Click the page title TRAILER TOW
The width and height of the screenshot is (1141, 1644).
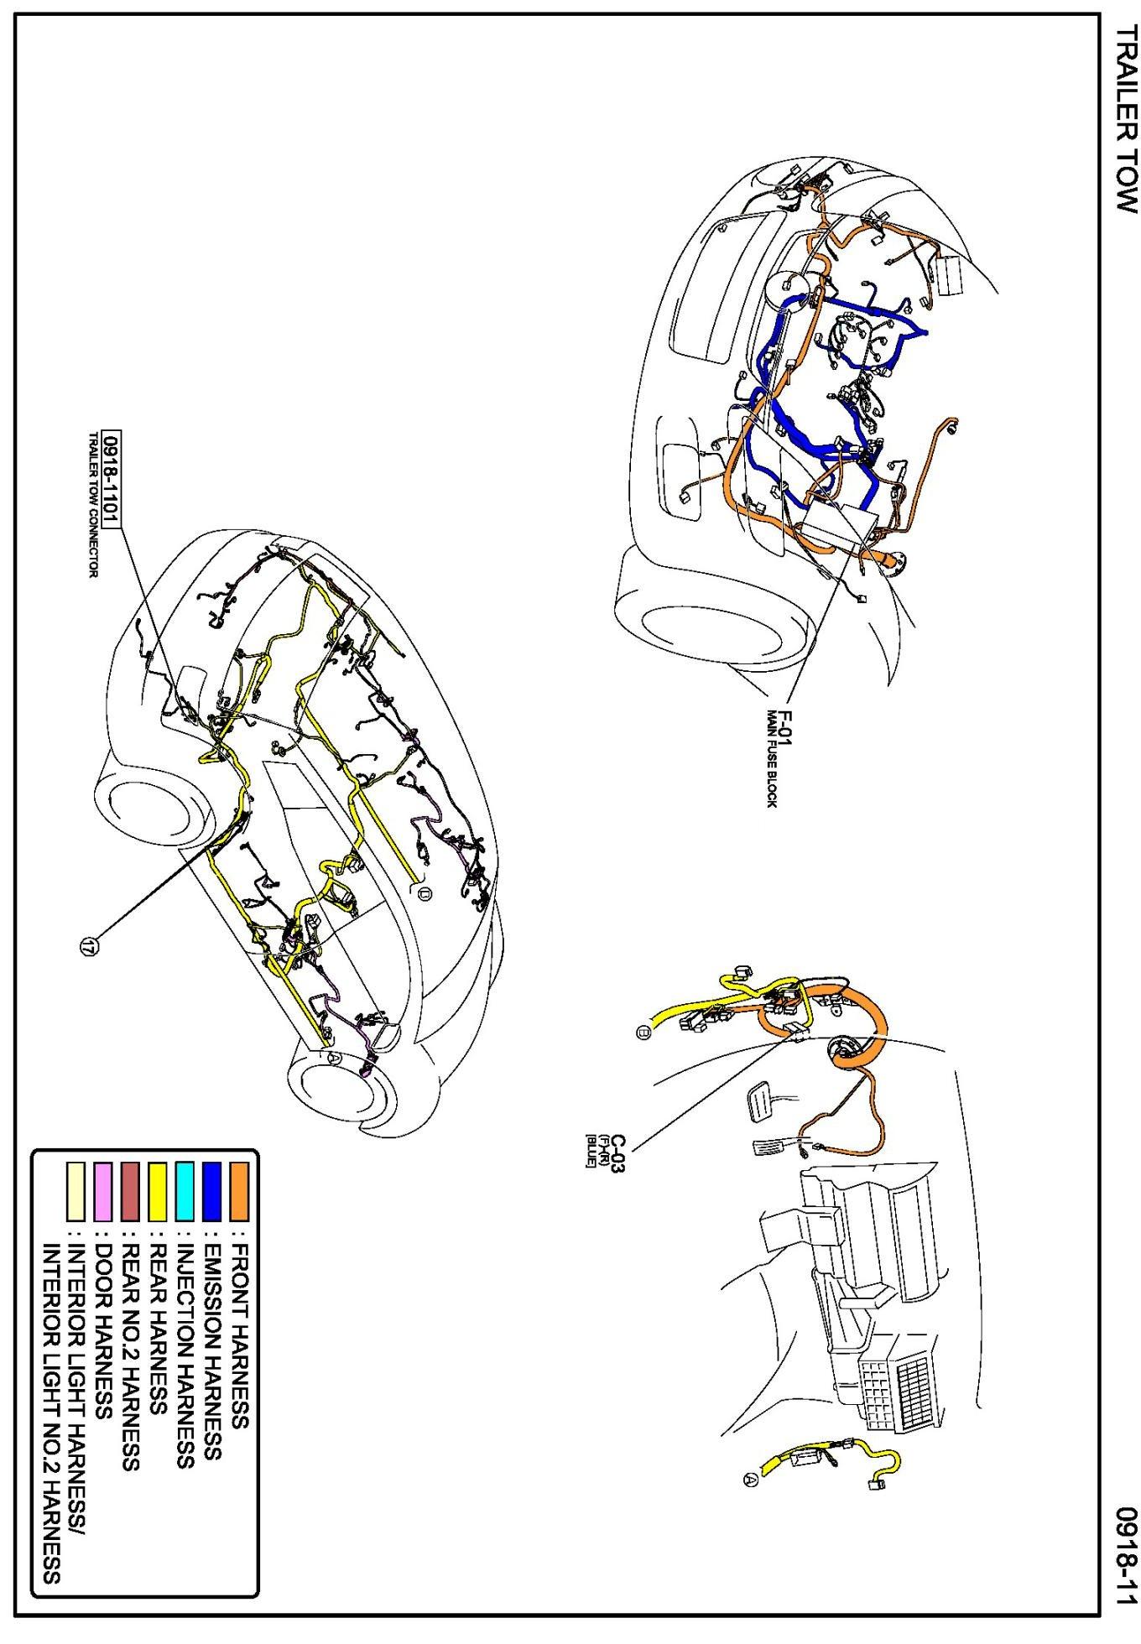(x=1123, y=117)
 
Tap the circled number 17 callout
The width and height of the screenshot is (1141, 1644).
(x=87, y=946)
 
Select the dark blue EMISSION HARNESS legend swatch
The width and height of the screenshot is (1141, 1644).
(x=212, y=1190)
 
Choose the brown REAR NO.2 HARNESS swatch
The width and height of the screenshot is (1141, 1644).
(x=130, y=1190)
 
